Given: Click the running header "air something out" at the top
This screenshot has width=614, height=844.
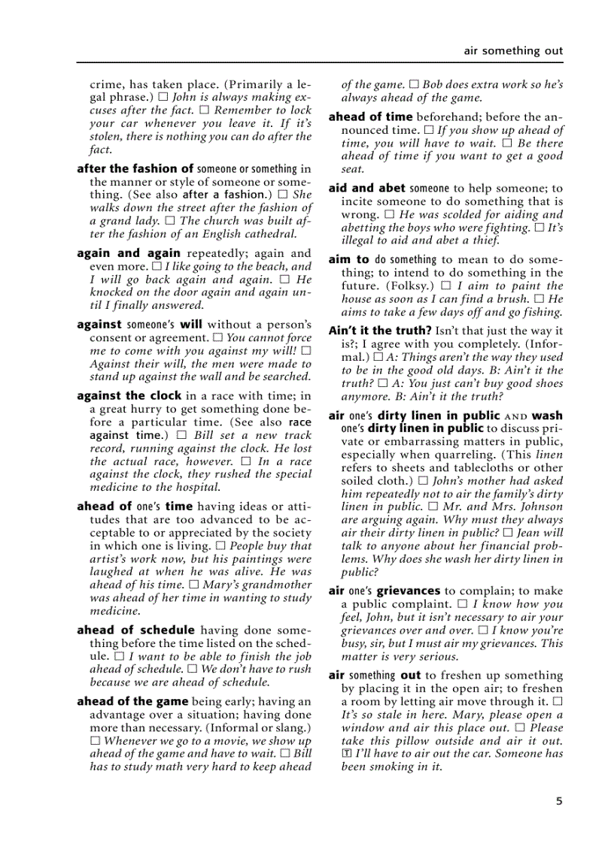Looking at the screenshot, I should [x=513, y=51].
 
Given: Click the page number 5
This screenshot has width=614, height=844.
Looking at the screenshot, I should [x=559, y=801].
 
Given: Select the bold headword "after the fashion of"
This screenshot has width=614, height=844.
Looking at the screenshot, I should [x=135, y=169].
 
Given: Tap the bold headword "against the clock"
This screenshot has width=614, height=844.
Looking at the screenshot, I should [x=129, y=395].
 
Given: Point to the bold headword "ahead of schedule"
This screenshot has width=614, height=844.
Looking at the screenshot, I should [x=135, y=631].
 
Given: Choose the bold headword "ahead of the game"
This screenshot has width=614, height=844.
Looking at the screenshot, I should [x=132, y=702].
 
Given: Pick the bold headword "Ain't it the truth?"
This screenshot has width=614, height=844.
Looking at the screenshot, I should [x=380, y=331].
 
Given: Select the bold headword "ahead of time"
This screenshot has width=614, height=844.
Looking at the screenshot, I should [x=370, y=116].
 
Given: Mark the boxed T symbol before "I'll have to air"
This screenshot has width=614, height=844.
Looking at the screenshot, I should [x=346, y=754].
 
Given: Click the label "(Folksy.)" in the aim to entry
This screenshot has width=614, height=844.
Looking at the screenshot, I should [x=412, y=286].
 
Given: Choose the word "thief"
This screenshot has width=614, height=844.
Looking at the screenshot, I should [x=484, y=240].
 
